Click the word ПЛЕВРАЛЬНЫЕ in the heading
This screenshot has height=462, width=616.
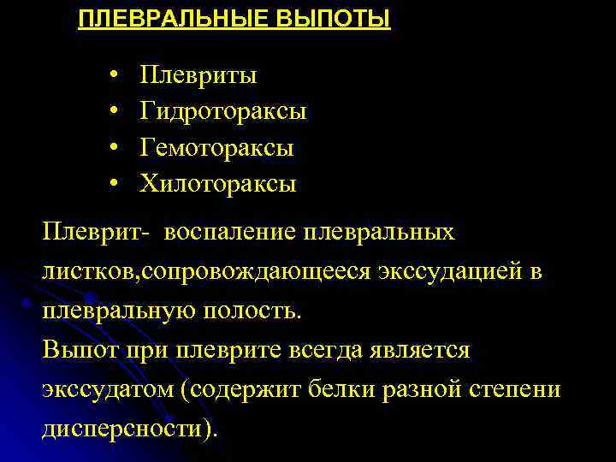tap(159, 19)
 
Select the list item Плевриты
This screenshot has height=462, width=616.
tap(198, 75)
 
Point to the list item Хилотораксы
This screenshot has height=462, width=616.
tap(218, 183)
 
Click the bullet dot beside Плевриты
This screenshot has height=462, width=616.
tap(114, 76)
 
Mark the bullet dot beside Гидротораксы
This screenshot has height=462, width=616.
tap(114, 112)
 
